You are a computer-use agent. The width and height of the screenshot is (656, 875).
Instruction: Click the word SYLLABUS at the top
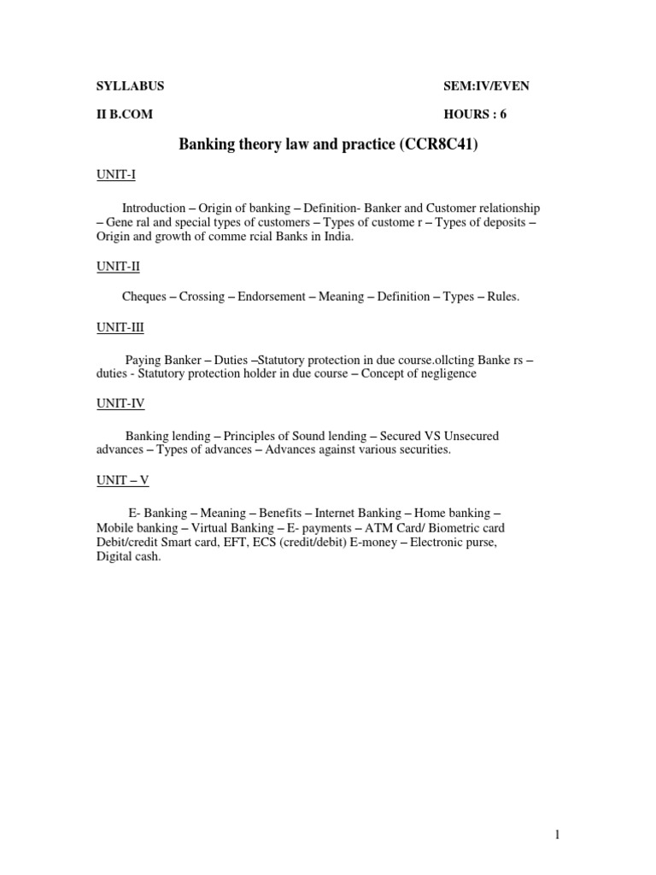[129, 86]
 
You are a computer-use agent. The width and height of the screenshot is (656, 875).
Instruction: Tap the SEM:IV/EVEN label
[492, 86]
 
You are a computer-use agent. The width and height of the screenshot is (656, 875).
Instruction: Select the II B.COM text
[124, 114]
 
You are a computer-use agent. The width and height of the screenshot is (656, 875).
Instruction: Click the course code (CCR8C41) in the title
[438, 145]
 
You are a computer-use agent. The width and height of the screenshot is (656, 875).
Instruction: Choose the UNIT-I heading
[115, 175]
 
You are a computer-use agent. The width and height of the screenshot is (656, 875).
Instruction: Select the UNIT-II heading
[117, 267]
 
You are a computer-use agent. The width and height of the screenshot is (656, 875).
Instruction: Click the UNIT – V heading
[122, 480]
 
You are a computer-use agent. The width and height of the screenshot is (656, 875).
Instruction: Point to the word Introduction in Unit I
[154, 208]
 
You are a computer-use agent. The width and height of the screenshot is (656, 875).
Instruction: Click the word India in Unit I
[336, 238]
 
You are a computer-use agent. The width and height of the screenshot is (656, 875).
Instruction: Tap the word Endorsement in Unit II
[272, 297]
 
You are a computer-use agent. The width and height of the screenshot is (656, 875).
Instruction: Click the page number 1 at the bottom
[557, 836]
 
